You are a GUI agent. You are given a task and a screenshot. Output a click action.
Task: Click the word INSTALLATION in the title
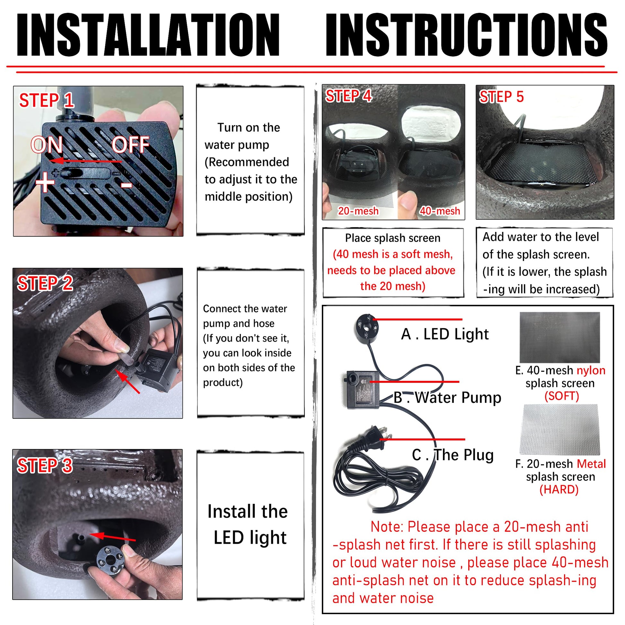coord(148,35)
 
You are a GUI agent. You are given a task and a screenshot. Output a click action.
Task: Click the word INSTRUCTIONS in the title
coord(467,35)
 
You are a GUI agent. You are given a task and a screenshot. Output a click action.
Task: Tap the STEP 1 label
coord(47,100)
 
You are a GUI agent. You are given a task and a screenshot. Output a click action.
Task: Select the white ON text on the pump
coord(47,145)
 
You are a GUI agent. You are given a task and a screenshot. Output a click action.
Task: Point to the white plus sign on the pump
coord(45,182)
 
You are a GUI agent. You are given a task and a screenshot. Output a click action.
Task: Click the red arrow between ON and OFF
coord(86,161)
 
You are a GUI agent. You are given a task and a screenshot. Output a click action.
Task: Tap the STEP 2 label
coord(45,283)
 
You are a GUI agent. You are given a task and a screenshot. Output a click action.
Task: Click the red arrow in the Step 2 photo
coord(128,382)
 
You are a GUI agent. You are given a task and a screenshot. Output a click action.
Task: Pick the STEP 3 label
coord(45,465)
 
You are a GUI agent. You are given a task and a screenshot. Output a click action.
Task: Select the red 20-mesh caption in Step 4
coord(358,211)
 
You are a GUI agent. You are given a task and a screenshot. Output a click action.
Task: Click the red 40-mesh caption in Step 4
coord(440,211)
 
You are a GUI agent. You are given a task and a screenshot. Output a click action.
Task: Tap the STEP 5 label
coord(501,97)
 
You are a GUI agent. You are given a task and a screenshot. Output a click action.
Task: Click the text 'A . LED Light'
coord(445,334)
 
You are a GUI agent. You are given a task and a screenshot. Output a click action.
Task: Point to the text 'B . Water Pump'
coord(447,398)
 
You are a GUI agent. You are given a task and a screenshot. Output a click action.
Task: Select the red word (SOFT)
coord(562,396)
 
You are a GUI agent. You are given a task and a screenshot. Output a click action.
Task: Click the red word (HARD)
coord(559,489)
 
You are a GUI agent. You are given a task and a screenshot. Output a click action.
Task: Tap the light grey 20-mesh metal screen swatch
coord(559,429)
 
